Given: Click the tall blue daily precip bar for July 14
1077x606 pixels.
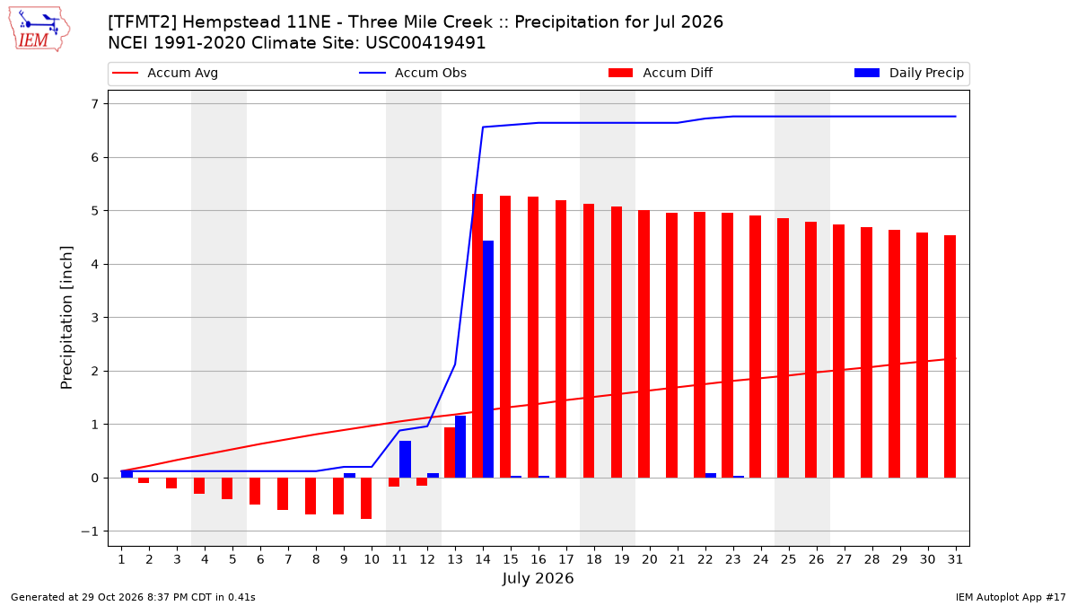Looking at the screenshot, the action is [x=488, y=359].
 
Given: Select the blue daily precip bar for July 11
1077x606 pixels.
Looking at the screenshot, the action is [x=405, y=460].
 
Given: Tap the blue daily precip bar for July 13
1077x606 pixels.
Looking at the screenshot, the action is [x=460, y=447].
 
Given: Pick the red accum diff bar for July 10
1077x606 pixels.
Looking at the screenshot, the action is [x=366, y=498].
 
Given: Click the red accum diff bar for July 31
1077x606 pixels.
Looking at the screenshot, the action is [x=950, y=356].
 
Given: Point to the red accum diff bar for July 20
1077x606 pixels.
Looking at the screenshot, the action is [x=644, y=344].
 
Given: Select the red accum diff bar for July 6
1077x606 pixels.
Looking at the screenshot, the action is [x=255, y=491].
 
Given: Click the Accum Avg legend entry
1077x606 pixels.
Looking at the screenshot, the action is [x=165, y=73].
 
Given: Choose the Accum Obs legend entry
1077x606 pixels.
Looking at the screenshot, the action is [x=413, y=73].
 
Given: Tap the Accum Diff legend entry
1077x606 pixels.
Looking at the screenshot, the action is [x=661, y=73].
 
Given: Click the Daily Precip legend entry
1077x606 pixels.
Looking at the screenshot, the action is [x=908, y=73].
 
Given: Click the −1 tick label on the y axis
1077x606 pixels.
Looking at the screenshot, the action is [x=90, y=531].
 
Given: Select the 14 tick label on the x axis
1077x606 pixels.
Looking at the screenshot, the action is [x=483, y=559].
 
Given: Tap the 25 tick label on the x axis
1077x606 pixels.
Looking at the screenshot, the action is [x=789, y=559].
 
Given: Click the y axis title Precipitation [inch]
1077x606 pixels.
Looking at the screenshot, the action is [x=66, y=318].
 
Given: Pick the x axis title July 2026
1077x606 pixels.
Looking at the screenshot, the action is [x=538, y=578].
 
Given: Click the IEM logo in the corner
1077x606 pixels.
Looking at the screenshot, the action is [x=39, y=30].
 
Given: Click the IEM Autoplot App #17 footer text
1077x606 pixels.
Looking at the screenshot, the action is [x=1011, y=597].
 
